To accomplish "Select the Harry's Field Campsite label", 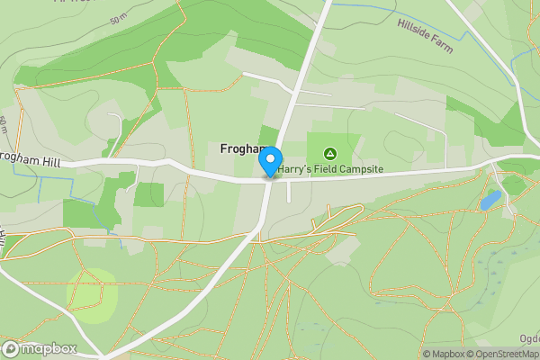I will point(330,169).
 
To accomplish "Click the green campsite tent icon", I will point(330,153).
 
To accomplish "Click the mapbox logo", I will point(40,348).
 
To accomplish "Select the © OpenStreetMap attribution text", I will point(504,354).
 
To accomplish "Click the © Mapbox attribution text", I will point(443,354).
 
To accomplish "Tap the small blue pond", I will point(490,199).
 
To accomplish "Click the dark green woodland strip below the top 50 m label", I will point(108,54).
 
